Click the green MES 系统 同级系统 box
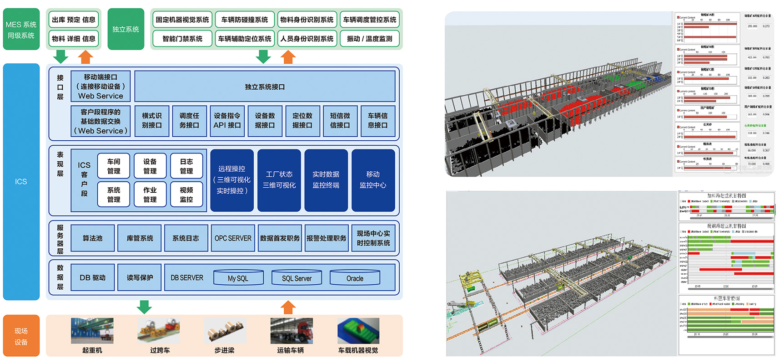click(21, 29)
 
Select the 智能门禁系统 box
click(182, 39)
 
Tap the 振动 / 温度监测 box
click(369, 39)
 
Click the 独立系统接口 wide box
click(265, 86)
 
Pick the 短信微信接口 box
click(340, 121)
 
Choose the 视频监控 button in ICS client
click(186, 195)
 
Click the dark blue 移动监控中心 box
click(373, 180)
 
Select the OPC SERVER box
click(233, 238)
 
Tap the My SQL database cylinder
click(238, 278)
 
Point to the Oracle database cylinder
click(355, 278)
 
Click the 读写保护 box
click(140, 277)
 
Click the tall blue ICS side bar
click(21, 181)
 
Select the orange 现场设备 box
click(21, 336)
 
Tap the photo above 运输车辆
click(291, 330)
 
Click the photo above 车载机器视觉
click(358, 330)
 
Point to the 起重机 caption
click(92, 350)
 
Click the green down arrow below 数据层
click(144, 307)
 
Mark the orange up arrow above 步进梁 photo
click(288, 307)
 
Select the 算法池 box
click(92, 238)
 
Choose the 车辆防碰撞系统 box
click(245, 20)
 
